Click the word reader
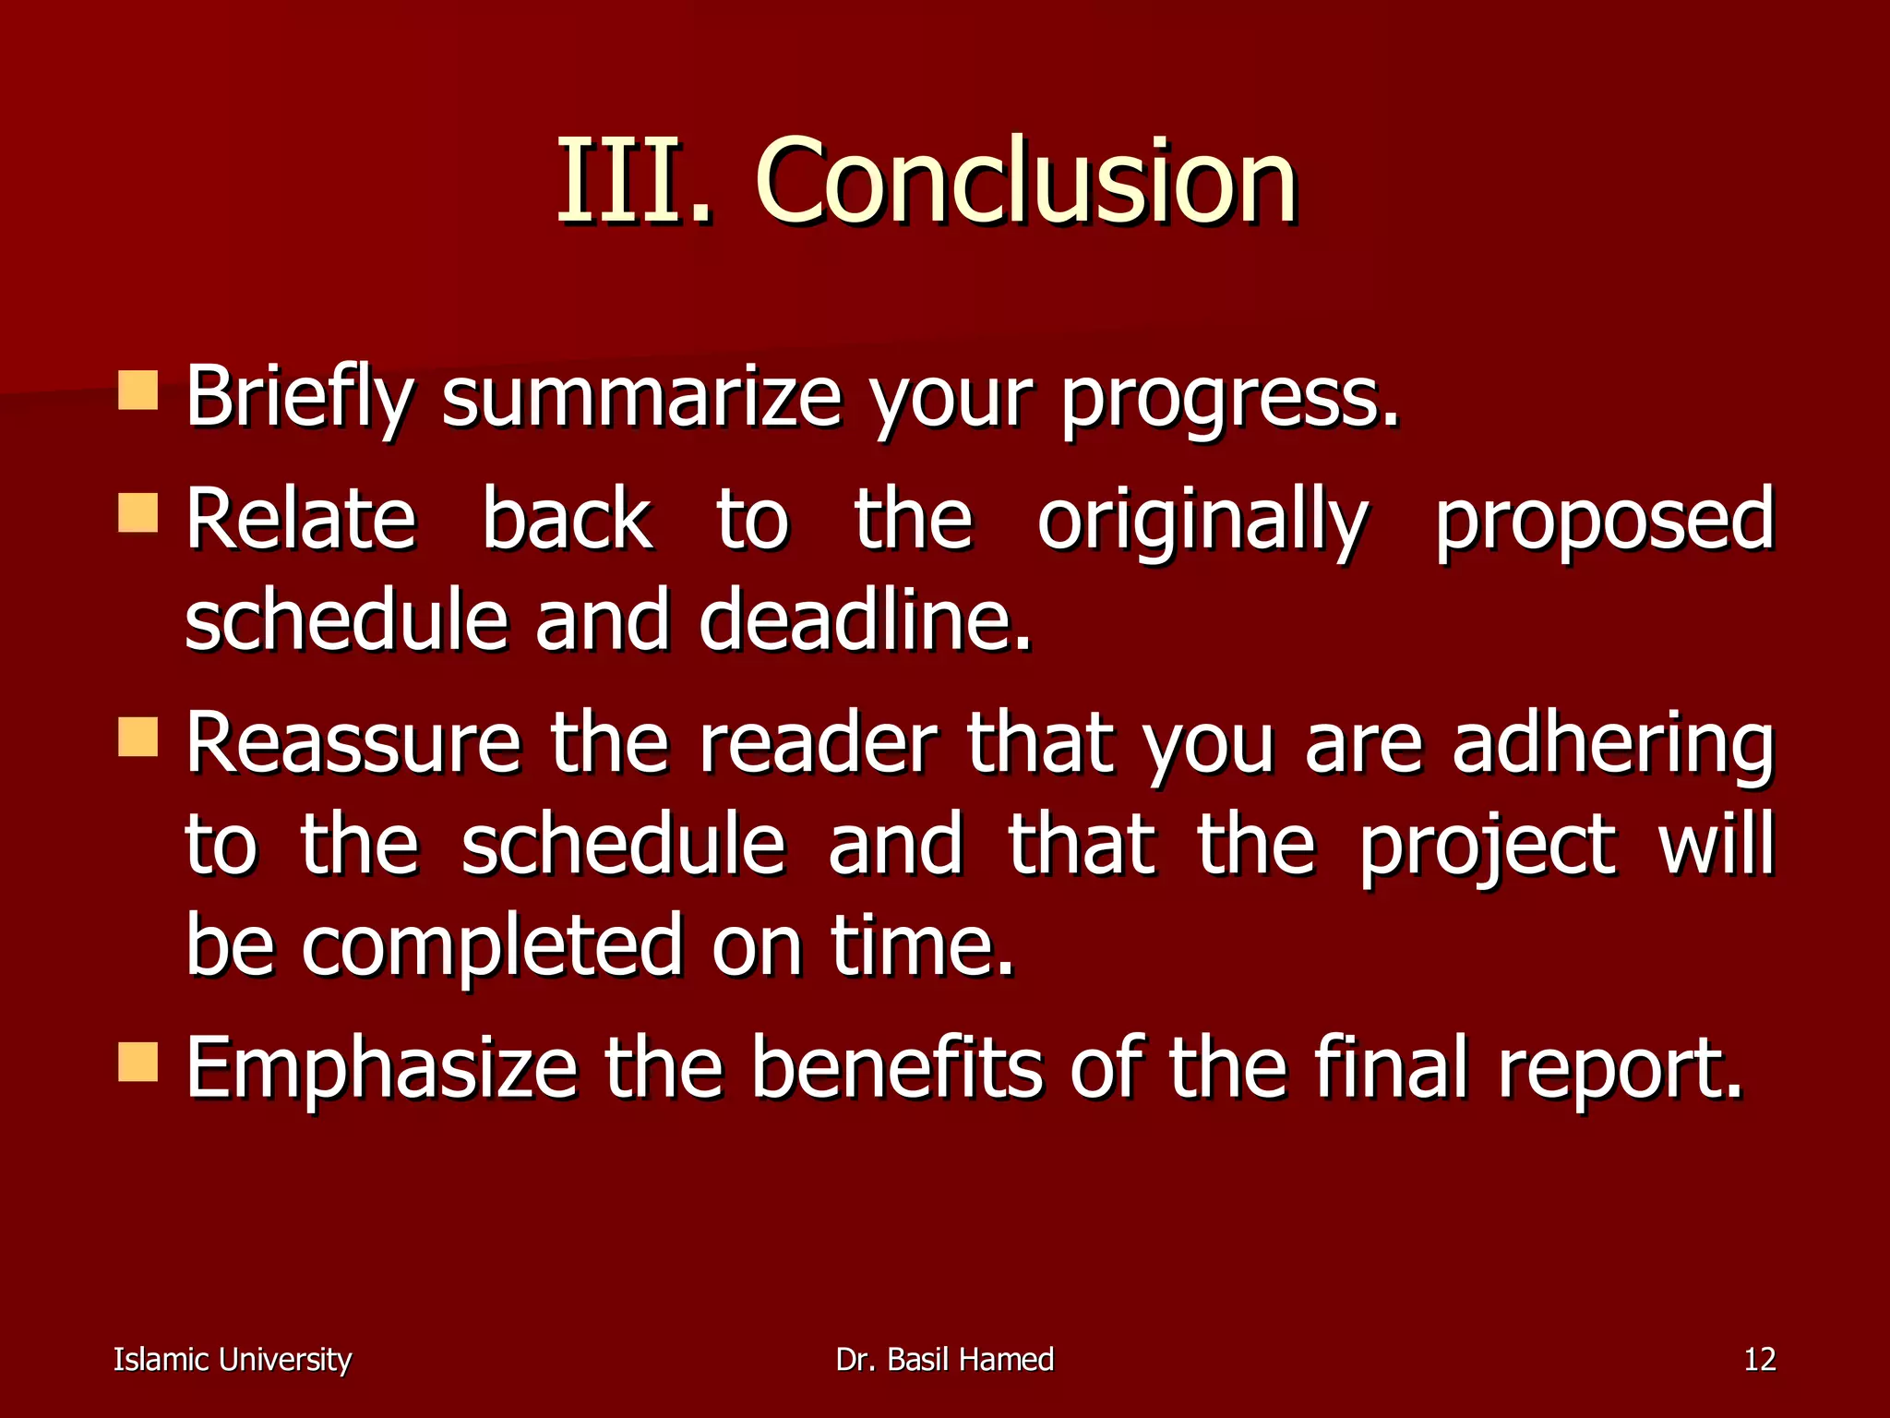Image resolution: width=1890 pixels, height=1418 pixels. tap(818, 743)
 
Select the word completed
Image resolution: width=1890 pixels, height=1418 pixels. tap(492, 947)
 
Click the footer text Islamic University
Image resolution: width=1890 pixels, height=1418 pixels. tap(233, 1360)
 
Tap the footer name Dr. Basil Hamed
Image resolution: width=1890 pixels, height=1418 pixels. tap(944, 1360)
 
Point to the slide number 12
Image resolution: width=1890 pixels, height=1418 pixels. tap(1759, 1360)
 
